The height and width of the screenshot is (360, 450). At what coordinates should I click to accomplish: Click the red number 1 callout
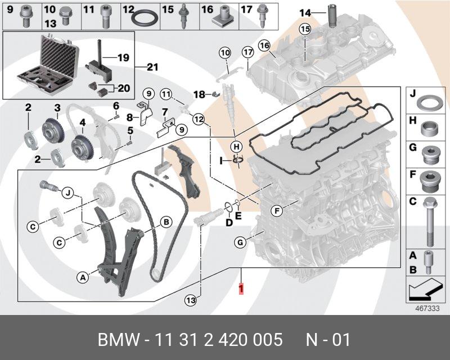pyautogui.click(x=241, y=289)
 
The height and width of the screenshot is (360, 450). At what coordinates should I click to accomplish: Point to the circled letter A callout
pyautogui.click(x=83, y=277)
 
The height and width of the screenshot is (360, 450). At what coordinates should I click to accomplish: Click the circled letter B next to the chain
pyautogui.click(x=166, y=222)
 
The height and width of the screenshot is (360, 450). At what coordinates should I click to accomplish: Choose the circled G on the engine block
pyautogui.click(x=240, y=243)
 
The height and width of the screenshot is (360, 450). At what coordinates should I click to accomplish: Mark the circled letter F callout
pyautogui.click(x=276, y=211)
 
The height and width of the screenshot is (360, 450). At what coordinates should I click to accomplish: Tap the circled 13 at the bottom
pyautogui.click(x=191, y=300)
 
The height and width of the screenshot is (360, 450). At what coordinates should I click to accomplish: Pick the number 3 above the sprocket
pyautogui.click(x=57, y=107)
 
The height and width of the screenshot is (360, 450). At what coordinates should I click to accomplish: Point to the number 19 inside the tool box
pyautogui.click(x=123, y=57)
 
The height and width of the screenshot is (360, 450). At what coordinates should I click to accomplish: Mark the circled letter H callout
pyautogui.click(x=237, y=146)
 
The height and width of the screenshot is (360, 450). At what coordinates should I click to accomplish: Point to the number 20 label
pyautogui.click(x=123, y=87)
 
